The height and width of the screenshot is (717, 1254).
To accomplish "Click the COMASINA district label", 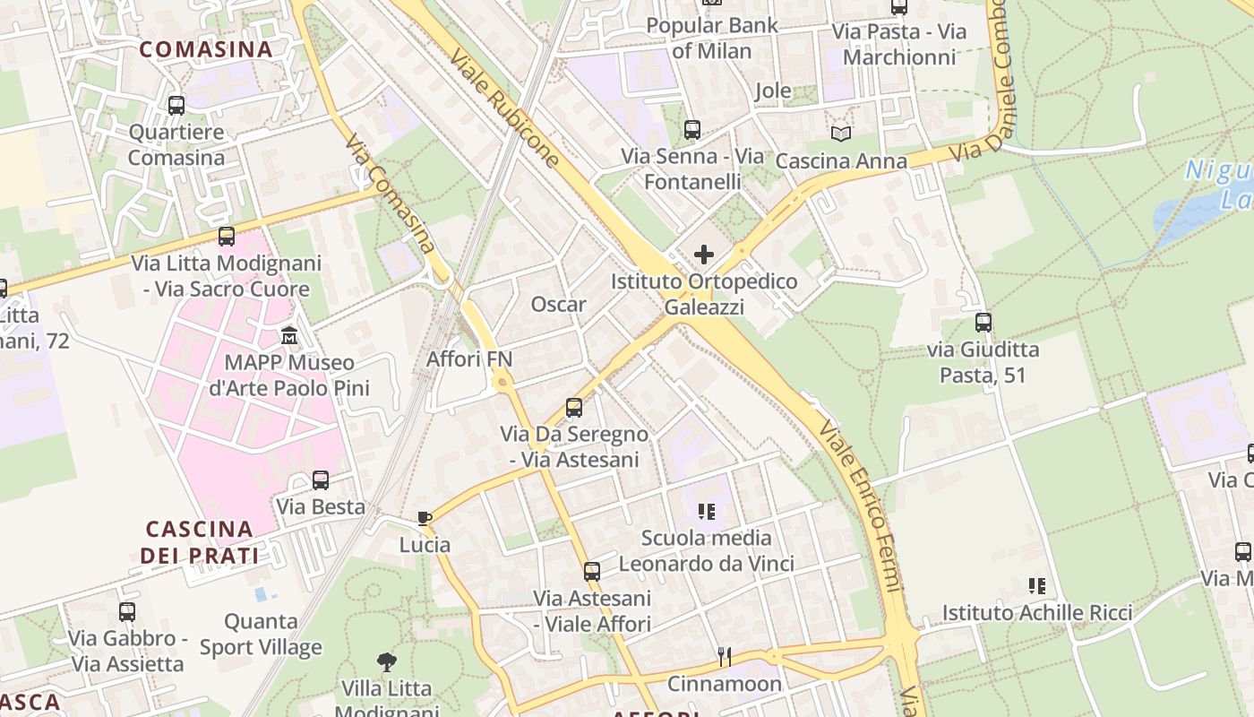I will tap(206, 49).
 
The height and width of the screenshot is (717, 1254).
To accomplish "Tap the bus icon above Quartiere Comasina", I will tap(176, 106).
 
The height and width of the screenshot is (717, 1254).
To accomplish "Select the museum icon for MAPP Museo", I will tap(289, 336).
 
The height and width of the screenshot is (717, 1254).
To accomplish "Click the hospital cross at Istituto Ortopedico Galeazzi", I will tap(704, 255).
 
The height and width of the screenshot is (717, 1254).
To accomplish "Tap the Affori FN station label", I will tap(469, 359).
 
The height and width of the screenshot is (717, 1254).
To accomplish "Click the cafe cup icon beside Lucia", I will tap(425, 518).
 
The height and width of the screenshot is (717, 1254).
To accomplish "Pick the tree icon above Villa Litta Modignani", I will tap(387, 662).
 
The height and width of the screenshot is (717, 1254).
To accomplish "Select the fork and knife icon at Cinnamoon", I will tap(724, 657).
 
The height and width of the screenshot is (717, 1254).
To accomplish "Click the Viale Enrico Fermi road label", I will tap(861, 506).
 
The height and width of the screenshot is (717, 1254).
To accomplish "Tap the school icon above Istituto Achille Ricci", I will tap(1036, 586).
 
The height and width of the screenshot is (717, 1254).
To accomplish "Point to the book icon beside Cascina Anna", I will tap(840, 134).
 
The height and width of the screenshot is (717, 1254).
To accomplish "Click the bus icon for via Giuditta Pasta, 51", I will tap(983, 322).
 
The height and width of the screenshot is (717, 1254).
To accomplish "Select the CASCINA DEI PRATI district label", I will tap(199, 541).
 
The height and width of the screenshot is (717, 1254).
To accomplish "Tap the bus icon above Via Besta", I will tap(321, 480).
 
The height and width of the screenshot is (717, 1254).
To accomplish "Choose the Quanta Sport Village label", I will tap(261, 634).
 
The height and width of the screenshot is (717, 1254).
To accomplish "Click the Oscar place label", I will tap(558, 305).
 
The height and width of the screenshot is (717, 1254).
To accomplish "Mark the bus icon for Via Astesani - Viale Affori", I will tap(591, 571).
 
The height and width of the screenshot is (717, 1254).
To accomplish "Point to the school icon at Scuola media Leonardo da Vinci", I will tap(706, 512).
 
